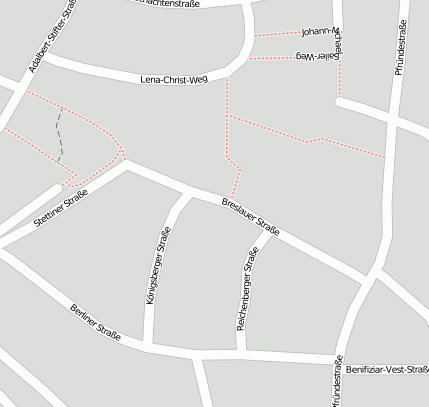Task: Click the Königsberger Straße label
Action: point(158,270)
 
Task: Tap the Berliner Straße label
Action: point(96,323)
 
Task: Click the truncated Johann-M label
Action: point(321,32)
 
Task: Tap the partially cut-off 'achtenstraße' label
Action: point(165,4)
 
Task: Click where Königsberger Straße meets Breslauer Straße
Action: point(186,190)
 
